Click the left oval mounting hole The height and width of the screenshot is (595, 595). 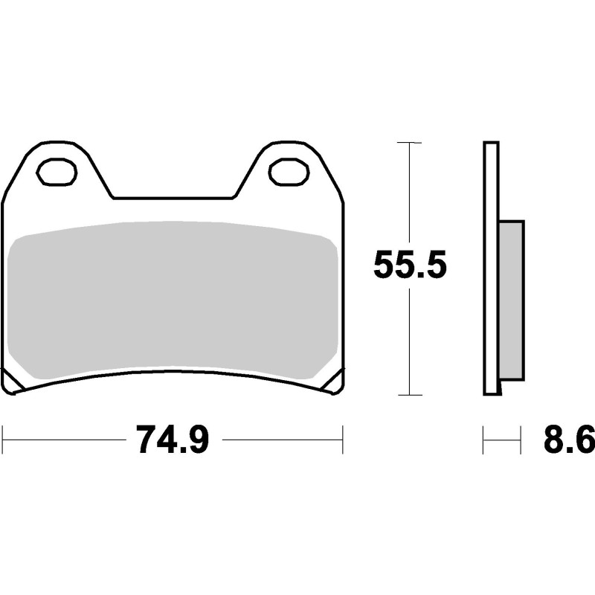tap(57, 172)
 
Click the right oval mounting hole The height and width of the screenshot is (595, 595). tap(289, 172)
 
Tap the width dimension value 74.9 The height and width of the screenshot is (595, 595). tap(173, 440)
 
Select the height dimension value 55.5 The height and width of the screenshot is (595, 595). tap(410, 266)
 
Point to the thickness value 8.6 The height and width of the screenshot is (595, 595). tap(568, 440)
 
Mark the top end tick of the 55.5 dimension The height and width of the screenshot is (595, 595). tap(410, 142)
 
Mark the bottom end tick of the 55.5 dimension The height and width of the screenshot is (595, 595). tap(410, 394)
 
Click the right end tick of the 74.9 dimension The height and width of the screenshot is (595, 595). tap(342, 440)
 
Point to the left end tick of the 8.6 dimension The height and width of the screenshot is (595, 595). tap(483, 440)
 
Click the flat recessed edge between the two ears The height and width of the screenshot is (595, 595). tap(173, 198)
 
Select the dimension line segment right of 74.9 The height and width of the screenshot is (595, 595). tap(283, 440)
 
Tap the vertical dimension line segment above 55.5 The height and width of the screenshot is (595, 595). tap(410, 193)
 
